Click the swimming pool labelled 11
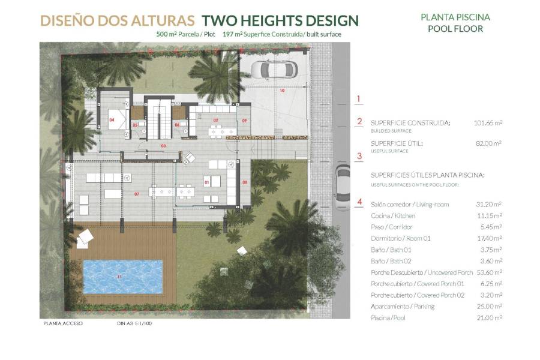(x=122, y=277)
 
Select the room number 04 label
(x=112, y=120)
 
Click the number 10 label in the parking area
(x=281, y=91)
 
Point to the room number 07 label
(x=137, y=194)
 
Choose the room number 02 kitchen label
(x=215, y=120)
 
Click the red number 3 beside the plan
(x=359, y=157)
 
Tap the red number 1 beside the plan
(x=359, y=100)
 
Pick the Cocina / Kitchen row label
(x=393, y=216)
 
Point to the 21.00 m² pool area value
(x=490, y=318)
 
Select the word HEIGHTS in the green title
(x=275, y=21)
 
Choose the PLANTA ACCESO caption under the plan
(x=63, y=323)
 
